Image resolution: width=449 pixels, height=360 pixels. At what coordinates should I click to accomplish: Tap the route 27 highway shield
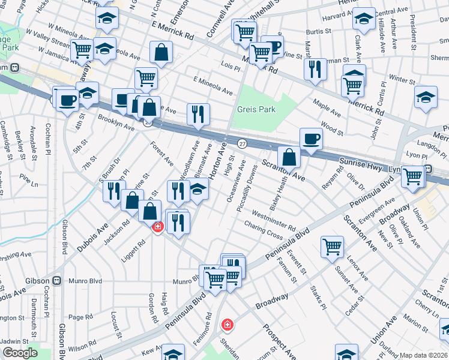(242, 144)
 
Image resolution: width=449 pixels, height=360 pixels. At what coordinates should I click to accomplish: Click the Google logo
(20, 353)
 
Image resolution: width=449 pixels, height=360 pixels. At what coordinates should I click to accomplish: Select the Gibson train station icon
(57, 280)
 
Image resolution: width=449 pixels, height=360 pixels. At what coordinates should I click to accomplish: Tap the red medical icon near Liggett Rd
(157, 227)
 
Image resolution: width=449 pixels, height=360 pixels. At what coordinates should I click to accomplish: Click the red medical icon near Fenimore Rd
(228, 325)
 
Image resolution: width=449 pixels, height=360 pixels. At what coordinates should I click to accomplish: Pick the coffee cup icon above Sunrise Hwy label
(310, 139)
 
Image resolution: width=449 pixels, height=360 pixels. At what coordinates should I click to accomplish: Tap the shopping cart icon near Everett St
(332, 246)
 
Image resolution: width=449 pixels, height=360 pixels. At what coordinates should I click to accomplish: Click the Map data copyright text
(423, 355)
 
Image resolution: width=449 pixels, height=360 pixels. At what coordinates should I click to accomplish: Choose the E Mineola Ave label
(212, 85)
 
